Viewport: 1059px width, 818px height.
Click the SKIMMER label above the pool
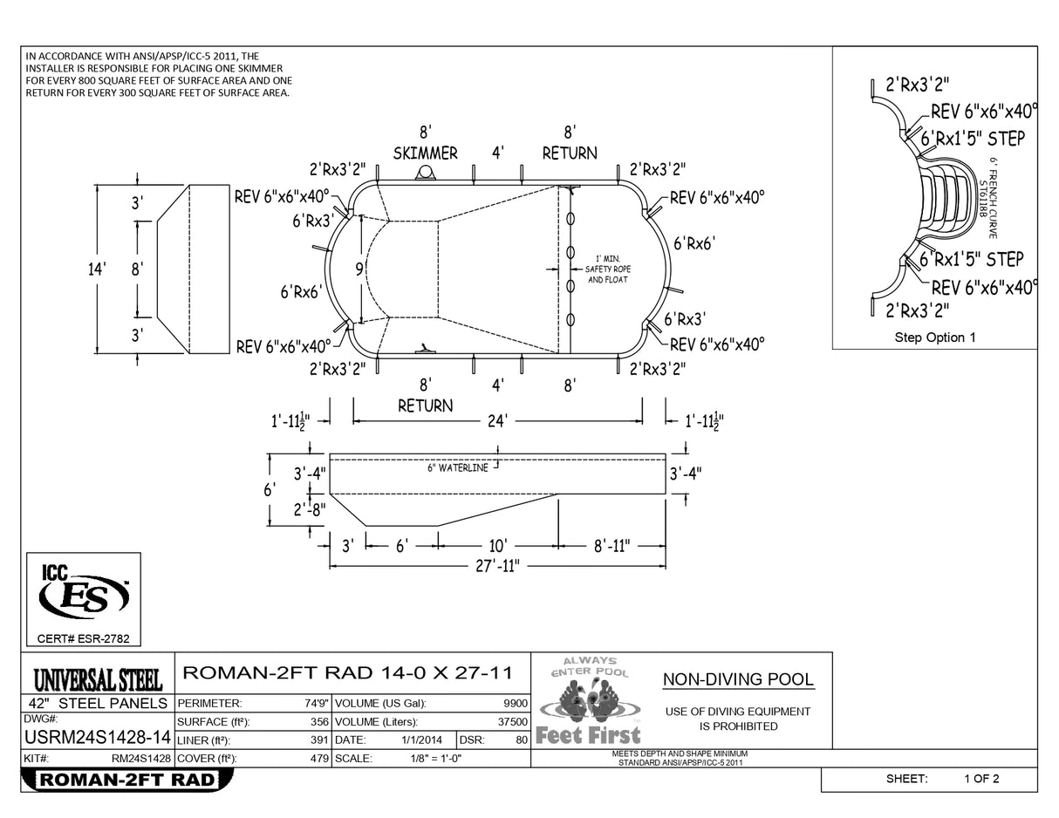tap(425, 153)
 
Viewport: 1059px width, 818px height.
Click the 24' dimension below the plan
tap(497, 421)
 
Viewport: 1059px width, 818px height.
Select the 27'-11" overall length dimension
tap(497, 565)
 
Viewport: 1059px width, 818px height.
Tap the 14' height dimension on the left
tap(97, 269)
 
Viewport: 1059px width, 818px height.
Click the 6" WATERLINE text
tap(457, 468)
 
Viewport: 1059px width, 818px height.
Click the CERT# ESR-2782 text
tap(83, 638)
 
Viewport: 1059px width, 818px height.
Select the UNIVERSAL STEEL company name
tap(98, 679)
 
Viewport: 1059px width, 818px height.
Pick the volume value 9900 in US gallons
tap(515, 703)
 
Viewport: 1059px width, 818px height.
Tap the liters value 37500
tap(511, 722)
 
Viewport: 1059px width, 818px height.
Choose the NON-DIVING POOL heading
tap(738, 679)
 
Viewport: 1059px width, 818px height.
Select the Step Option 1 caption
tap(934, 337)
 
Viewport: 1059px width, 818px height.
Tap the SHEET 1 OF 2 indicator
tap(942, 779)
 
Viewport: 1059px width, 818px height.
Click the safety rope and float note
tap(607, 269)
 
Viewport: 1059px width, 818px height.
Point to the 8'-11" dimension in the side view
tap(611, 546)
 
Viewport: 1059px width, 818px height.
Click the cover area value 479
tap(319, 759)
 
